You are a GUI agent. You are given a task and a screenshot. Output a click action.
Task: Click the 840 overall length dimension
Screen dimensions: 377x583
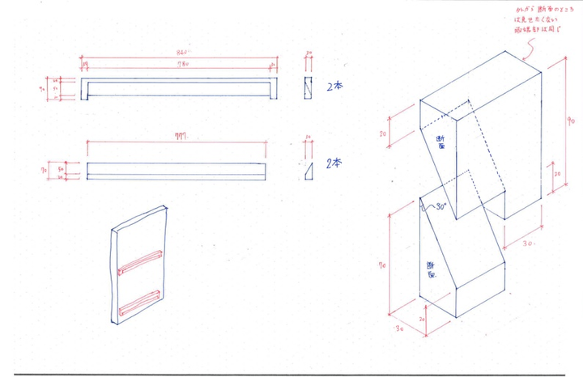pyautogui.click(x=179, y=53)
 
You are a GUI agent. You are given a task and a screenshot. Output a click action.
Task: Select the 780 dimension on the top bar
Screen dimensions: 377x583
pyautogui.click(x=179, y=66)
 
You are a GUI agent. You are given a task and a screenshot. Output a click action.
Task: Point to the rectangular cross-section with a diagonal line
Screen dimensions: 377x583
pyautogui.click(x=308, y=87)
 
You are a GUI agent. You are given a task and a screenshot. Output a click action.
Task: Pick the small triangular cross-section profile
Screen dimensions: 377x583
pyautogui.click(x=308, y=171)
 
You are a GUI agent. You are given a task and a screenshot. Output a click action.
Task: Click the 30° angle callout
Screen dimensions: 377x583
pyautogui.click(x=440, y=208)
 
